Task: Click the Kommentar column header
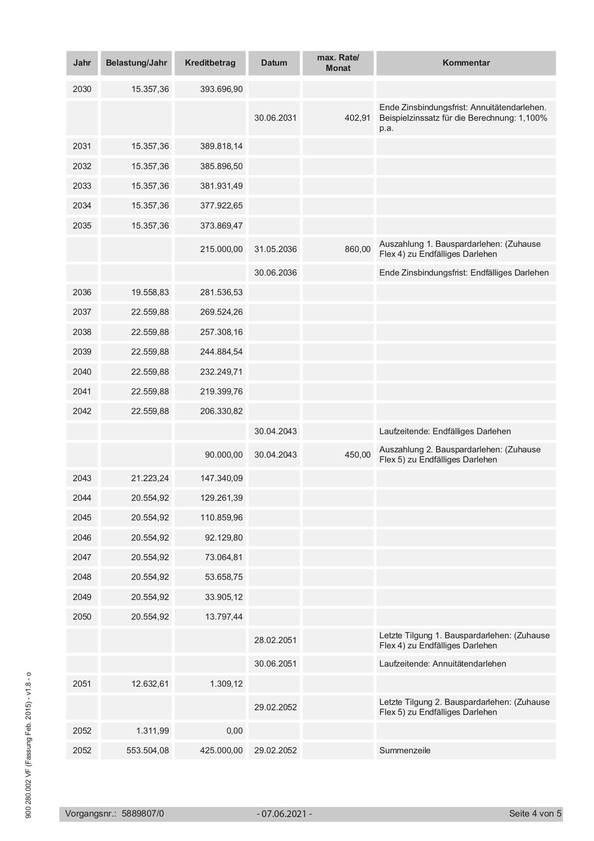click(x=466, y=63)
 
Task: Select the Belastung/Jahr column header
click(x=137, y=63)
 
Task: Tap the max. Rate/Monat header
click(x=338, y=63)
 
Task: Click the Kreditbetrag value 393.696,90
click(x=221, y=90)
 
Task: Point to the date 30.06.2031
click(x=275, y=118)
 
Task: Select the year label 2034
click(x=82, y=206)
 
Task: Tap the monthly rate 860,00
click(x=357, y=249)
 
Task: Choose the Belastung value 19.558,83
click(x=150, y=292)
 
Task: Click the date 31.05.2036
click(x=275, y=249)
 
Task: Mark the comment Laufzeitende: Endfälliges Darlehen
click(x=445, y=431)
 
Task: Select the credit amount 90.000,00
click(x=224, y=455)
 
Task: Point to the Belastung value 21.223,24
click(x=150, y=478)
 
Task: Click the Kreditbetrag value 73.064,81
click(x=224, y=558)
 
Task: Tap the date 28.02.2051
click(x=275, y=640)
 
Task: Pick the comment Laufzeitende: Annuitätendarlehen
click(x=442, y=664)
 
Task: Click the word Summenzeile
click(x=405, y=750)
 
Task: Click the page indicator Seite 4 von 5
click(x=535, y=814)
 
